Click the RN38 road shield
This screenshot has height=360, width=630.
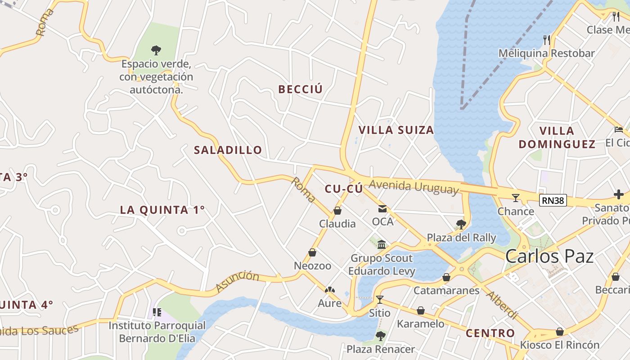tap(553, 200)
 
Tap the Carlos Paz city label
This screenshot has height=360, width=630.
tap(549, 256)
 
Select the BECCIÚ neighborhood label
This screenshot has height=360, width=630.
tap(300, 89)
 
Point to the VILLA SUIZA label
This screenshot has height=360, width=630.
tap(396, 130)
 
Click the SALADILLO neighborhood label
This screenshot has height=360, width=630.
tap(228, 150)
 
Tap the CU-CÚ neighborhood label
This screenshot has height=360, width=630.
tap(343, 189)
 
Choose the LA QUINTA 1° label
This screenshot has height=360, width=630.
tap(162, 210)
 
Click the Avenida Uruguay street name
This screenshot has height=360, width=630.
tap(414, 186)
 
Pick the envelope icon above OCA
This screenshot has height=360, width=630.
tap(382, 209)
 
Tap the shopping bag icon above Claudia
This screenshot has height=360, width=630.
tap(337, 211)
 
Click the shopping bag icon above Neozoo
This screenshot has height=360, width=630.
tap(312, 252)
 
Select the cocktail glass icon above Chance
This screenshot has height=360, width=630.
tap(516, 198)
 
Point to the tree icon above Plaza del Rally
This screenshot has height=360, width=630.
tap(460, 224)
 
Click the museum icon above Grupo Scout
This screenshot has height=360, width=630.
tap(382, 244)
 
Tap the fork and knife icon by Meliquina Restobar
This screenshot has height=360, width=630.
tap(547, 40)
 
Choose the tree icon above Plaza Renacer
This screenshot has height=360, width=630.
tap(381, 336)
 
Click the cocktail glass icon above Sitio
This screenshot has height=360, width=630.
tap(380, 299)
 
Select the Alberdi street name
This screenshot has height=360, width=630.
tap(501, 305)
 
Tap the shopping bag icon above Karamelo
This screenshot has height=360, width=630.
tap(420, 310)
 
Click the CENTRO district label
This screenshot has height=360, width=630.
tap(490, 333)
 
